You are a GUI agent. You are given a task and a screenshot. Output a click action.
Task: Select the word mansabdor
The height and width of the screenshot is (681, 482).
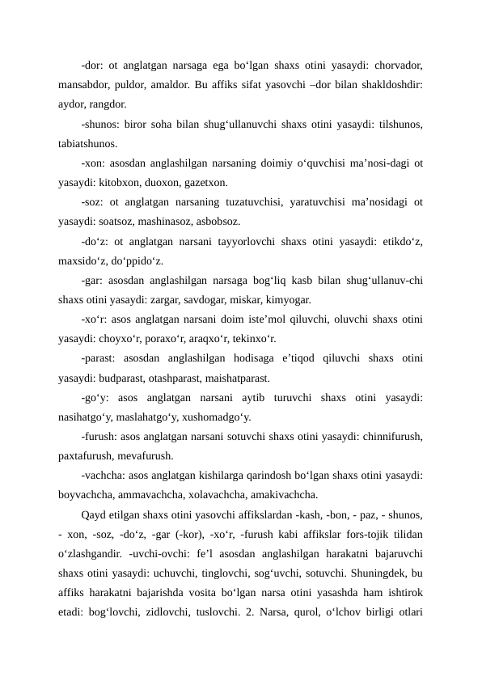click(87, 83)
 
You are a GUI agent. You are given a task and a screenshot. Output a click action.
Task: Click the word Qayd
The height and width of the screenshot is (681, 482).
click(94, 514)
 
